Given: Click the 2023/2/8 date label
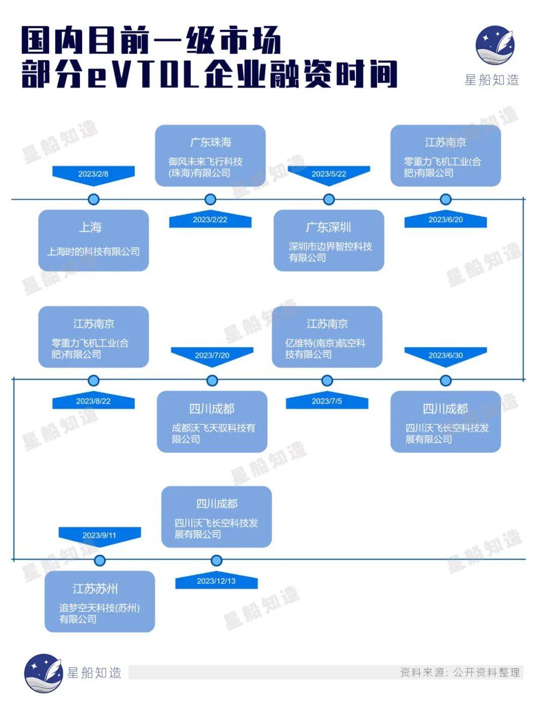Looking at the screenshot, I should (93, 174).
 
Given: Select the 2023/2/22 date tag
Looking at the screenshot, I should (210, 220).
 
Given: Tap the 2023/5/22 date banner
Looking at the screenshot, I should (329, 174).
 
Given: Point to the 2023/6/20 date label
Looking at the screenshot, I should (445, 220).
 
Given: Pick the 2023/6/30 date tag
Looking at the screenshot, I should (445, 355).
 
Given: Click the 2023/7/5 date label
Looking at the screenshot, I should (327, 401).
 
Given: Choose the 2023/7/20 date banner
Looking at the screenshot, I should (212, 355).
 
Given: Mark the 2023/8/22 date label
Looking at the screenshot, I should (93, 401).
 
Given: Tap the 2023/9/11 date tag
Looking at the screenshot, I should (99, 535).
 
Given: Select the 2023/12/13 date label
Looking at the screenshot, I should (216, 581).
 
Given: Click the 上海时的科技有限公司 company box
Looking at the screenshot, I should (93, 241).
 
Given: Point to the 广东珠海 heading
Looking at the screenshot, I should (210, 142).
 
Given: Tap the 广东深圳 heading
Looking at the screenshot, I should (328, 227).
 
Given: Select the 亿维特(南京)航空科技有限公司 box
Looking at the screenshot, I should (327, 337).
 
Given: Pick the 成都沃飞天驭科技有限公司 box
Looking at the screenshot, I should (212, 421).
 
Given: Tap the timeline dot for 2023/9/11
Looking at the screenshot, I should (100, 561).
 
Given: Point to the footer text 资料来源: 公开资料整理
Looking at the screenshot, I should (460, 672).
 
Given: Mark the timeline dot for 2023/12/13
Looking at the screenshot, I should (216, 561).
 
